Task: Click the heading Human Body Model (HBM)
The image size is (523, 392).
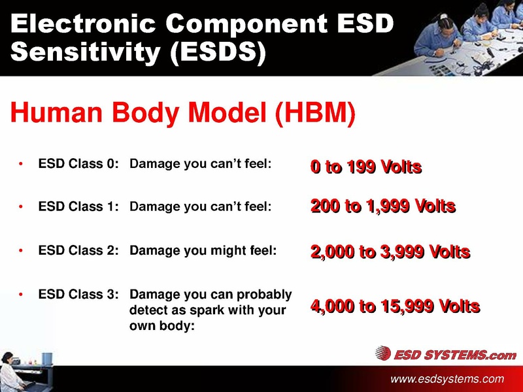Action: (183, 114)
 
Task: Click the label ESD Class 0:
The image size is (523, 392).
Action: (78, 164)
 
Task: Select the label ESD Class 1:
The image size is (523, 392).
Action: (78, 207)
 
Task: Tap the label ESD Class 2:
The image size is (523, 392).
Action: (78, 250)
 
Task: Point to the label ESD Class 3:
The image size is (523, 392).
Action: (78, 295)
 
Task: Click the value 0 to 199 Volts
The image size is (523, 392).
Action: (366, 168)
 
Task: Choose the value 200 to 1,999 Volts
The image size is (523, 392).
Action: (382, 208)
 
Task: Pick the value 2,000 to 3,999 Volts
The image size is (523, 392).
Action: (390, 252)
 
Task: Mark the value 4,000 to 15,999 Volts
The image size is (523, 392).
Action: (396, 306)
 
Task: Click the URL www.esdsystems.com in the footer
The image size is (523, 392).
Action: (447, 379)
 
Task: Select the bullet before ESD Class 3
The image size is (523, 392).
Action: (22, 295)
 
